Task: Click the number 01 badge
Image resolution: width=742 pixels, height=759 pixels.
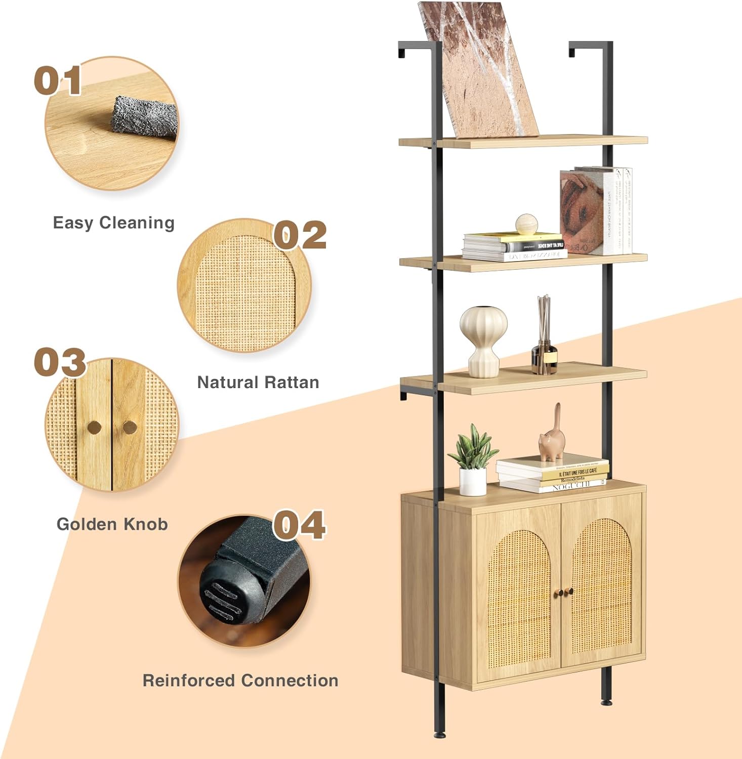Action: [x=57, y=81]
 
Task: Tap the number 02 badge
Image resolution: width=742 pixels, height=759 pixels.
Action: [x=300, y=235]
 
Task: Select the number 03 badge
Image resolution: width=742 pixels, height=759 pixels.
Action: [x=60, y=362]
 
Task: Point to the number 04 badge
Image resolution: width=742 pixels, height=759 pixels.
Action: [x=300, y=525]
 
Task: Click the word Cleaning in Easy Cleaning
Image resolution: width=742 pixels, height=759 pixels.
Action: [x=137, y=223]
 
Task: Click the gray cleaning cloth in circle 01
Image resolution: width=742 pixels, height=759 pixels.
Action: [x=144, y=118]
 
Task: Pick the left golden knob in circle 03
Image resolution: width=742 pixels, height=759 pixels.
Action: [x=94, y=428]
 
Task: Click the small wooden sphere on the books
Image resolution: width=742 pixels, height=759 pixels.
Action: [x=526, y=224]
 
